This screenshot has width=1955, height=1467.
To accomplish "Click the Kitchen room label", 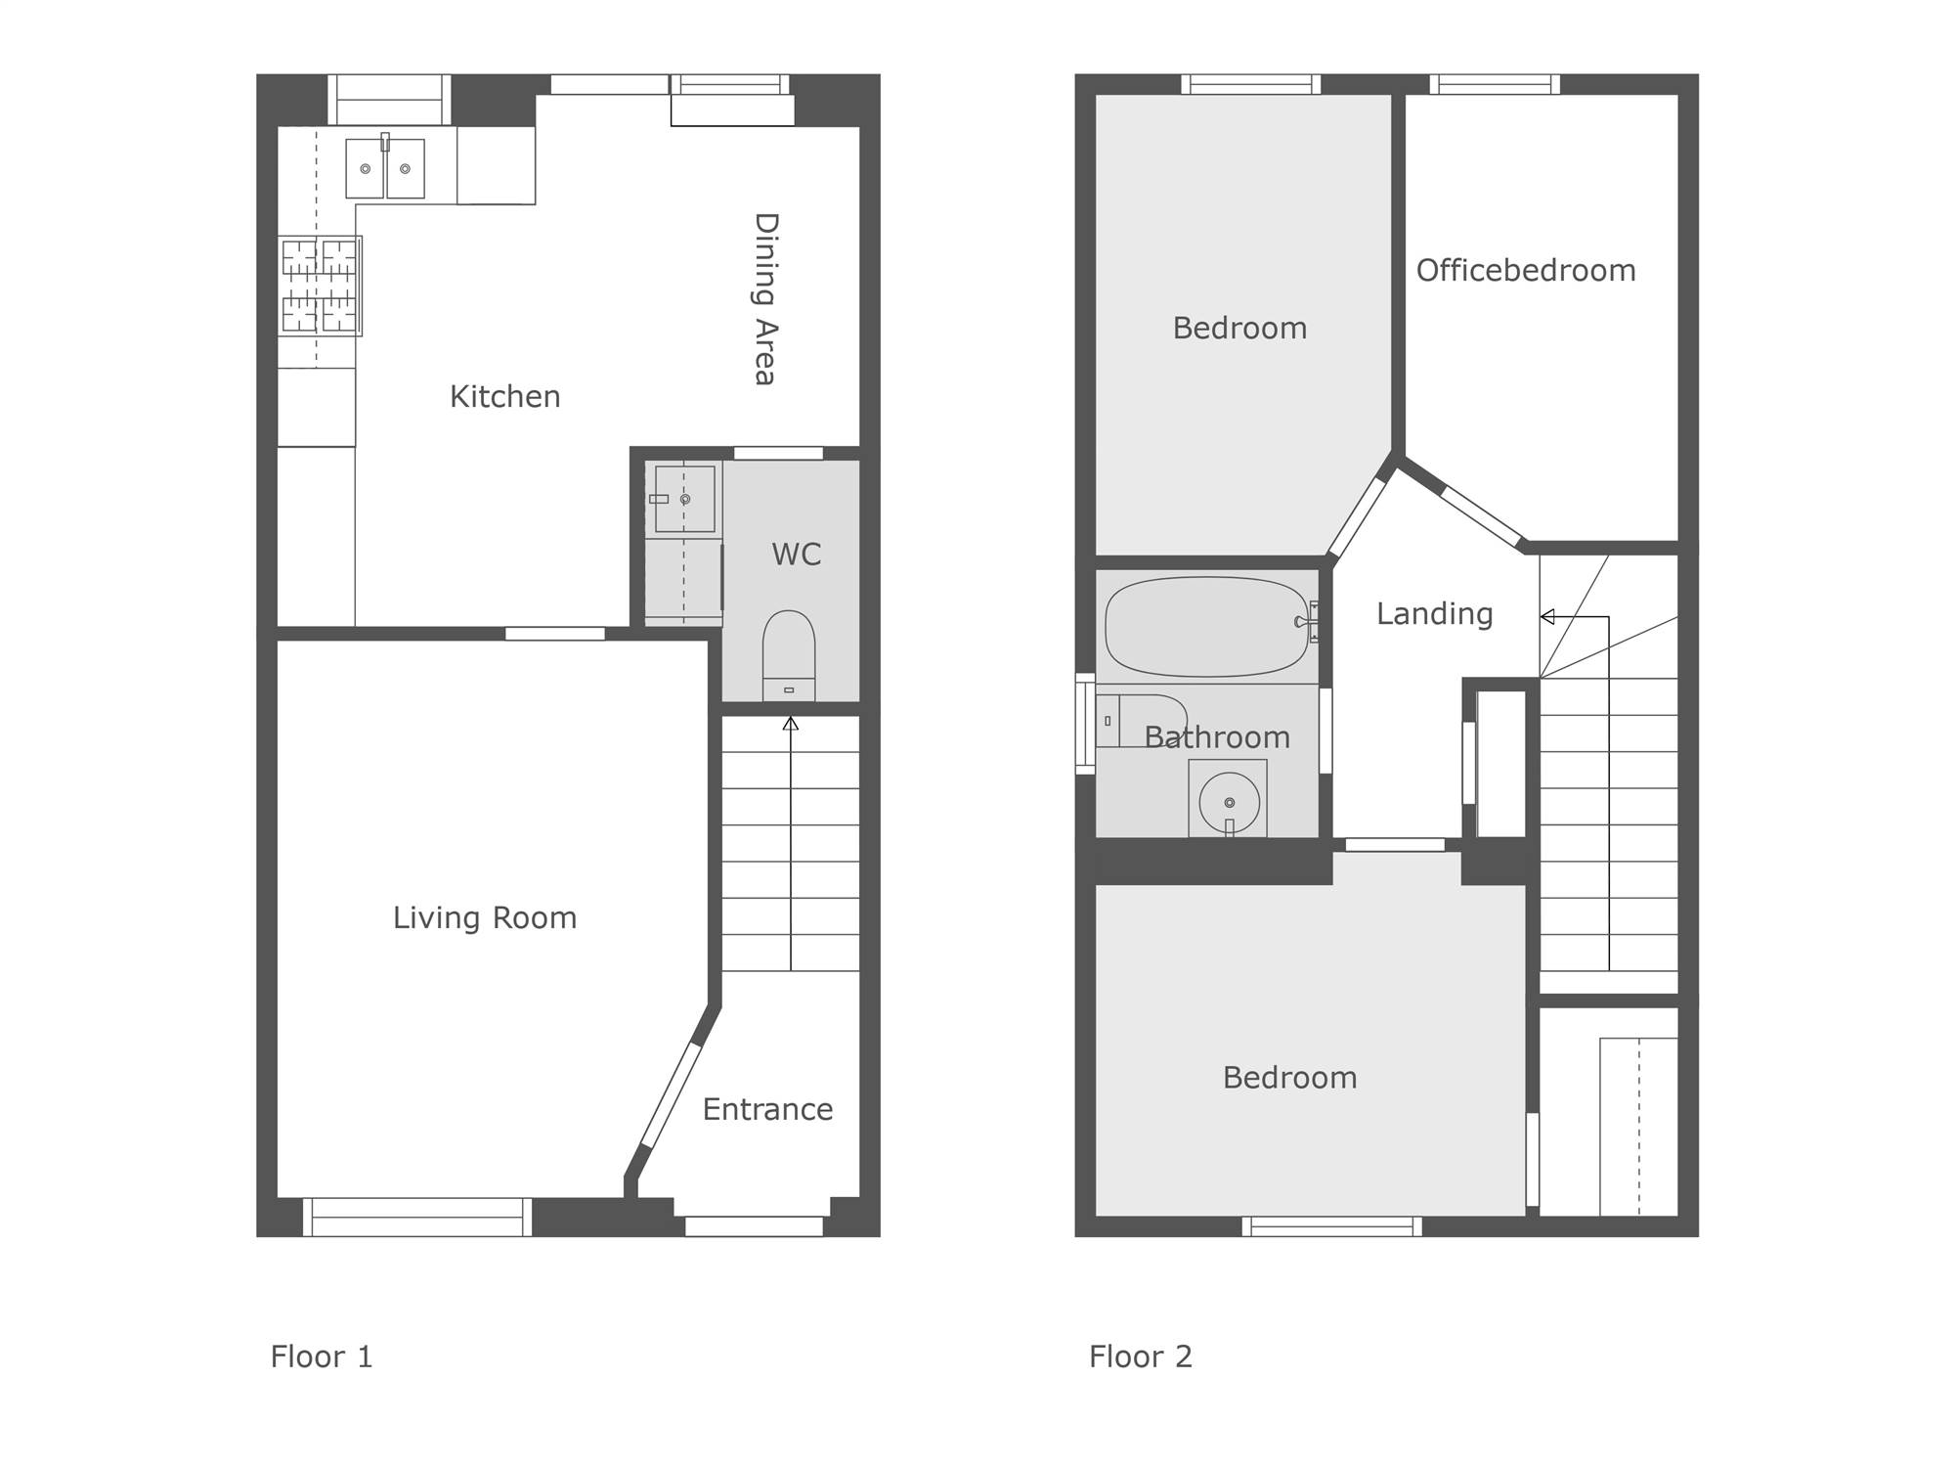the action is coord(504,396).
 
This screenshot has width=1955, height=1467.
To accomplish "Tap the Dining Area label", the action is coord(765,298).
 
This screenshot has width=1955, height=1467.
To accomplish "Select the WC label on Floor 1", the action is coord(796,555).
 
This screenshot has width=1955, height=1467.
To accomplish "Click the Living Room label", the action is coord(485,917).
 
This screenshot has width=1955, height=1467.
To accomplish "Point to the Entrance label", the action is coord(767,1109).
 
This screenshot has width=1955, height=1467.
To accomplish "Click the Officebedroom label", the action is coord(1526,270).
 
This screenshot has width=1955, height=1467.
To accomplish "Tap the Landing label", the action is coord(1434,614).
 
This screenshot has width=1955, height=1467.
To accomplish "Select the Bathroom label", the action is coord(1217,736).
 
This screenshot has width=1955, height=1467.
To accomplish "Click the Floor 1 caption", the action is coord(322,1356).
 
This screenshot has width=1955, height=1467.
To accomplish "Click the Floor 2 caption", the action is coord(1141,1356).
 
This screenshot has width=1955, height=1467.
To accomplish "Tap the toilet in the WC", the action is coord(788,655).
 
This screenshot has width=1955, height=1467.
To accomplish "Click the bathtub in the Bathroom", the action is coord(1206,627).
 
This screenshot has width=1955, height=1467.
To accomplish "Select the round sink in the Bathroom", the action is coord(1229,802).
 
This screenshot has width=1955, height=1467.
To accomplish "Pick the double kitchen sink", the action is coord(385,168).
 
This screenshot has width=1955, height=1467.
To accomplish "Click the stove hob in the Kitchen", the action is coord(320,286).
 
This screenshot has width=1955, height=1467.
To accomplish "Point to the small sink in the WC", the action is coord(684,499).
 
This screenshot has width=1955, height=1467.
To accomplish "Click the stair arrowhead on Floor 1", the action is coord(791,724).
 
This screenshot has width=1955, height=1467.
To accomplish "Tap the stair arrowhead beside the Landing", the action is coord(1547,617).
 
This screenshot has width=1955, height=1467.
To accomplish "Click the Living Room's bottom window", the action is coord(417,1218).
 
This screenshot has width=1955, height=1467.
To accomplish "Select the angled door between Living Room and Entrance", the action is coord(671,1094).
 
